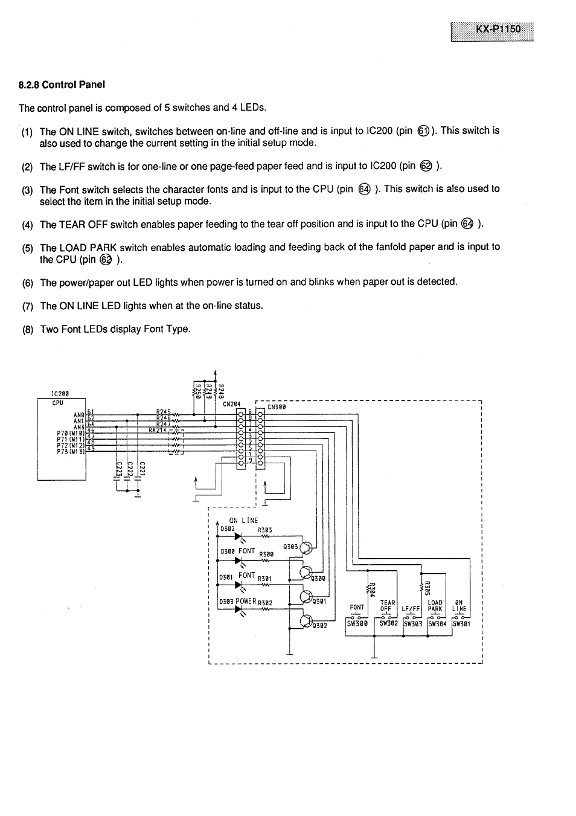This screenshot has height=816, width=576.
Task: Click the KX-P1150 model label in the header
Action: tap(493, 30)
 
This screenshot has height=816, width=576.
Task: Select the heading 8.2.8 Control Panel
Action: tap(62, 85)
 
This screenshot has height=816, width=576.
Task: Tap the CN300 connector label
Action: tap(277, 407)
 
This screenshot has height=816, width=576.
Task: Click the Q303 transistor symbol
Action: tap(307, 548)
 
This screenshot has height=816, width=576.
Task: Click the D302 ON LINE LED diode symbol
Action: tap(238, 535)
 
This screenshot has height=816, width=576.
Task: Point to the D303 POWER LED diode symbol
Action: tap(238, 608)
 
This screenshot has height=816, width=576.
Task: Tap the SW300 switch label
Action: tap(357, 624)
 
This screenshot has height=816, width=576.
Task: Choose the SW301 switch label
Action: tap(461, 624)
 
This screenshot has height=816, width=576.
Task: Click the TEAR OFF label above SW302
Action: tap(387, 606)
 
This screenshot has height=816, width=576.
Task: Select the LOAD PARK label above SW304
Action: tap(435, 606)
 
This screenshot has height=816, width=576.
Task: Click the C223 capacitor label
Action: tap(118, 469)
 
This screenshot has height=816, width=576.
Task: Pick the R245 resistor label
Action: tap(163, 411)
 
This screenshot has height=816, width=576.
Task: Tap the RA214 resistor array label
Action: tap(158, 430)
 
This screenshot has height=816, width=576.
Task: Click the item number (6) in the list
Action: tap(27, 283)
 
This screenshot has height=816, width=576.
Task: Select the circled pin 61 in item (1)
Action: tap(423, 131)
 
